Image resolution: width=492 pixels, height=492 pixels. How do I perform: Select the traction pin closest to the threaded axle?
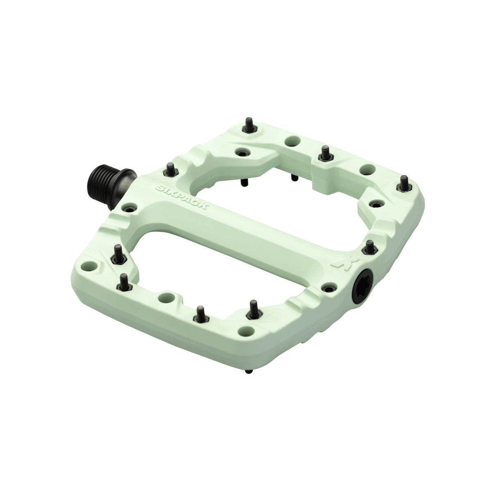pos(170,169)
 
